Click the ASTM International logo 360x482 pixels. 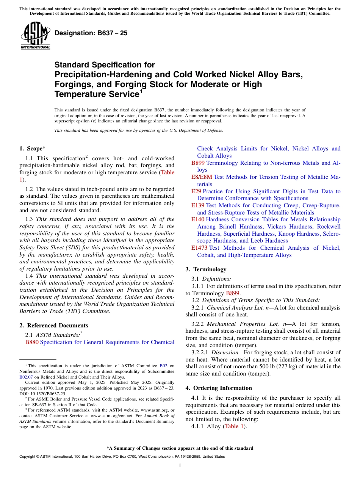(x=35, y=36)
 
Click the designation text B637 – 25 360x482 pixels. (x=91, y=33)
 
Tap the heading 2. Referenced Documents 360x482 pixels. (x=53, y=326)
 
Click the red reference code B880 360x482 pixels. (x=32, y=342)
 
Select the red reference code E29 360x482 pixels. (x=196, y=191)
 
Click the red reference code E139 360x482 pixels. (x=198, y=205)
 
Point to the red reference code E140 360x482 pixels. (x=198, y=219)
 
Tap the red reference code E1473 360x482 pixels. (x=199, y=248)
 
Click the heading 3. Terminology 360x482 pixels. (x=206, y=269)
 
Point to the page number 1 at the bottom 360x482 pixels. (x=180, y=465)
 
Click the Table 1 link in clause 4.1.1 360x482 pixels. (x=232, y=426)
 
